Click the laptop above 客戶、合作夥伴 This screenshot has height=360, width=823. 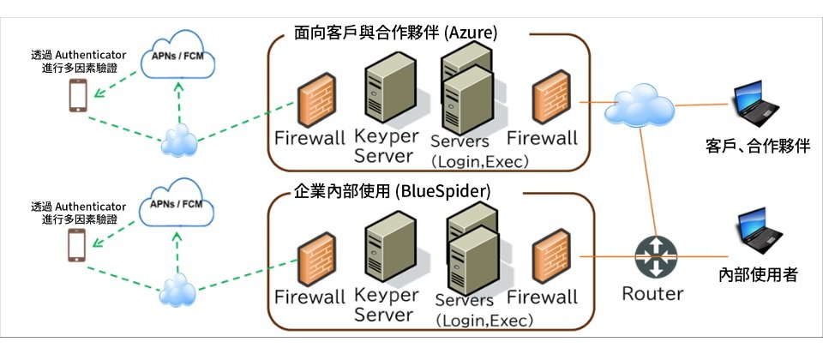coord(759,102)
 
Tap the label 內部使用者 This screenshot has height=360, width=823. coord(758,274)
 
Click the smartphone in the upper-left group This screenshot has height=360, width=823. coord(78,96)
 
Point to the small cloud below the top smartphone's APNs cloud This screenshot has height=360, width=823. coord(179,139)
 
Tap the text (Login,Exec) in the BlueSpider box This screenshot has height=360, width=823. coord(484,321)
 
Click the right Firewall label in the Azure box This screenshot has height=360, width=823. coord(542,137)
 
